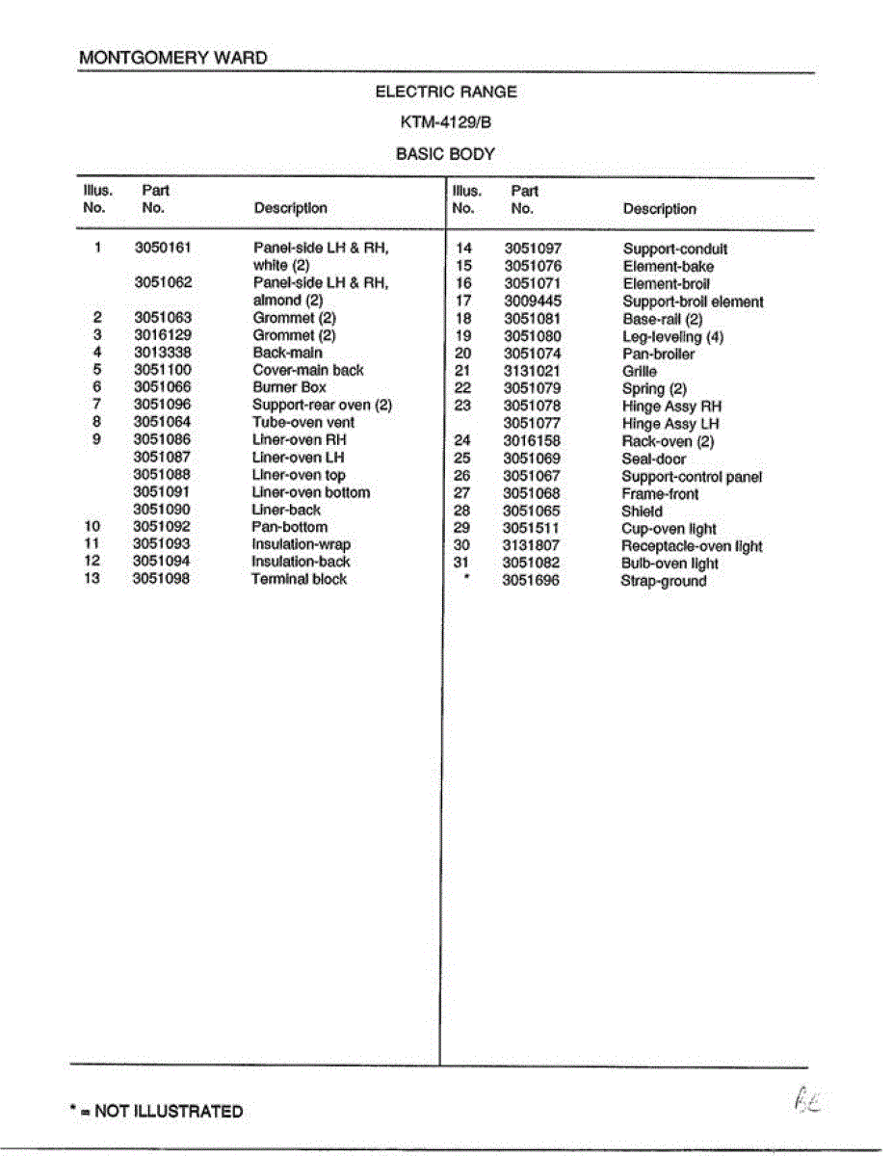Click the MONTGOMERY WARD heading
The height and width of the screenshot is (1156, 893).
pyautogui.click(x=173, y=58)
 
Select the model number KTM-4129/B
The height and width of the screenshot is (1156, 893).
pyautogui.click(x=446, y=122)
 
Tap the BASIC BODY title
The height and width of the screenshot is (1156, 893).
pyautogui.click(x=446, y=153)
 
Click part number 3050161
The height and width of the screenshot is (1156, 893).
pyautogui.click(x=163, y=248)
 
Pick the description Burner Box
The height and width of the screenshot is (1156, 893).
pyautogui.click(x=289, y=387)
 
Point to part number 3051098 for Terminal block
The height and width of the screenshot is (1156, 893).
pyautogui.click(x=161, y=579)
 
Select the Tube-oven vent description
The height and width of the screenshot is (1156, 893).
pyautogui.click(x=303, y=422)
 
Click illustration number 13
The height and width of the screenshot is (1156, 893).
pyautogui.click(x=92, y=579)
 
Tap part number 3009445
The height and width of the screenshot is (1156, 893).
pyautogui.click(x=532, y=302)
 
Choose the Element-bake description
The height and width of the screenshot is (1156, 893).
pyautogui.click(x=669, y=267)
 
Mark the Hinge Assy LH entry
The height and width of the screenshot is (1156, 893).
pyautogui.click(x=670, y=424)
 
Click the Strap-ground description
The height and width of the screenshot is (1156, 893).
pyautogui.click(x=663, y=581)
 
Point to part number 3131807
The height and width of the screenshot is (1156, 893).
pyautogui.click(x=531, y=546)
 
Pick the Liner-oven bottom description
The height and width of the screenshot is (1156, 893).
pyautogui.click(x=310, y=492)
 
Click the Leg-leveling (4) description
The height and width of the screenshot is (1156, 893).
pyautogui.click(x=672, y=337)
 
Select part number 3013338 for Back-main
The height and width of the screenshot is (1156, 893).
pyautogui.click(x=162, y=353)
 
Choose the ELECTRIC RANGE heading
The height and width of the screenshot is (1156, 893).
pyautogui.click(x=446, y=92)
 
